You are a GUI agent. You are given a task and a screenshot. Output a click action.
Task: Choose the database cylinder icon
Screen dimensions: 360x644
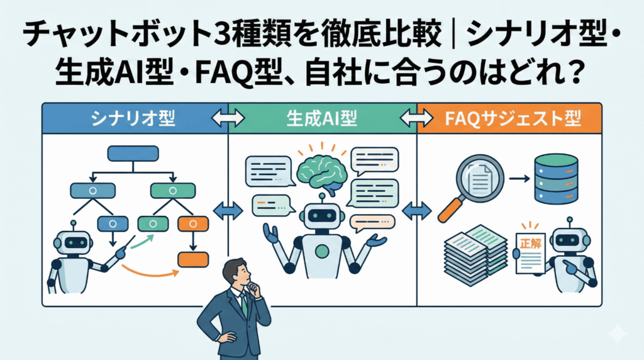[x=555, y=179]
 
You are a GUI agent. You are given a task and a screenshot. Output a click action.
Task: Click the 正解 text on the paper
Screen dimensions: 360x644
[x=530, y=243]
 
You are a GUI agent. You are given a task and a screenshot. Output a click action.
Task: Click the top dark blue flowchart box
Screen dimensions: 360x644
[x=133, y=153]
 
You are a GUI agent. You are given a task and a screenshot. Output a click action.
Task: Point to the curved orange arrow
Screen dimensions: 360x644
[x=148, y=273]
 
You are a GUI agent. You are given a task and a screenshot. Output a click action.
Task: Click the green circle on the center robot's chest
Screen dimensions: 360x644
[x=321, y=251]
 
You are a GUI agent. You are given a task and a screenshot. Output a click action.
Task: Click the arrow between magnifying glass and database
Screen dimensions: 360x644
[x=518, y=179]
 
